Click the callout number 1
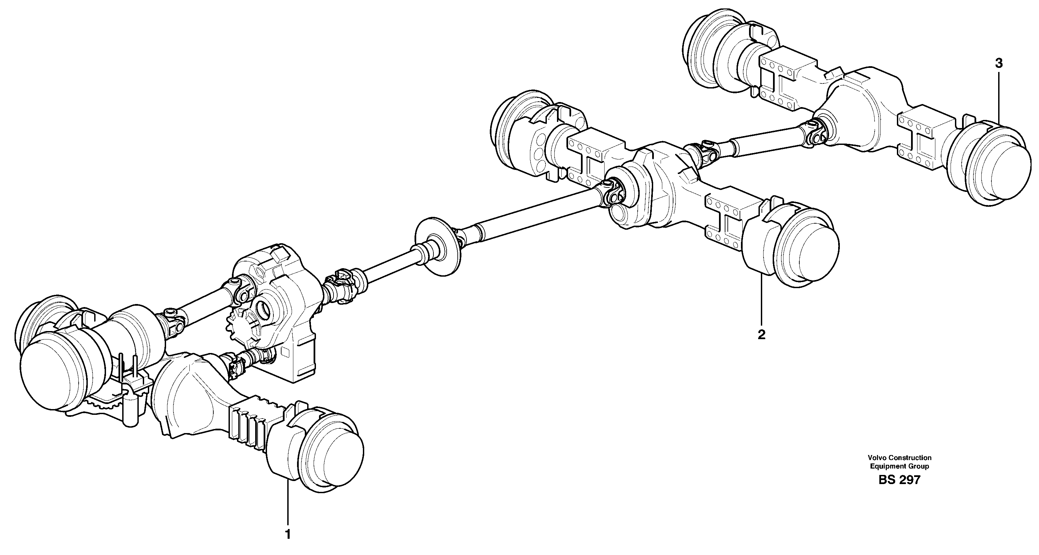pos(288,534)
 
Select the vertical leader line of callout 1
pos(288,505)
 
